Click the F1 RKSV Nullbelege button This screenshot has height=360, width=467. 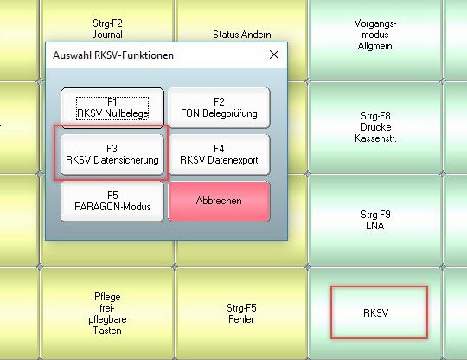[x=112, y=108]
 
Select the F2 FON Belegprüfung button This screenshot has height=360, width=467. [x=219, y=108]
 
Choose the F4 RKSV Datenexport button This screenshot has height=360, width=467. [x=219, y=154]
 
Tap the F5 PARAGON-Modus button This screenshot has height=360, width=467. [x=112, y=201]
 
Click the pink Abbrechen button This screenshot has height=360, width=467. [x=219, y=201]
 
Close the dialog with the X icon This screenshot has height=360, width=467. [x=274, y=55]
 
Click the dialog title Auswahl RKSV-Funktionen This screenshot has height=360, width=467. [x=113, y=55]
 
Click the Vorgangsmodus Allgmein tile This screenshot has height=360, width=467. [x=375, y=35]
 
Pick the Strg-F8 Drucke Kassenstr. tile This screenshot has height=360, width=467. [x=375, y=127]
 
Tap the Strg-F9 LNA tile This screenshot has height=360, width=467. [x=375, y=220]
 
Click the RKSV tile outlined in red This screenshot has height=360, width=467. [x=379, y=312]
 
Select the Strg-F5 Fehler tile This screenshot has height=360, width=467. [x=241, y=313]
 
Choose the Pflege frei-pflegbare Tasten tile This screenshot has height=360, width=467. [x=107, y=313]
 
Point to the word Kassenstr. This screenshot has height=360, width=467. [x=375, y=138]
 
